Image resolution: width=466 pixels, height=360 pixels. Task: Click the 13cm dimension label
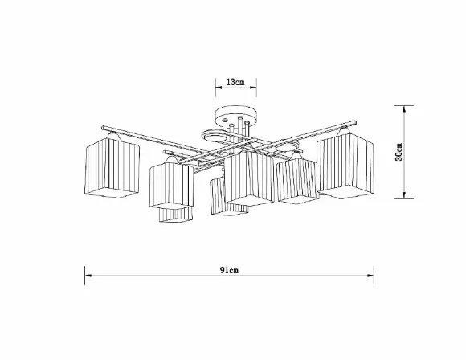coord(235,82)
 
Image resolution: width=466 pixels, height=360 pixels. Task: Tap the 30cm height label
coord(399,152)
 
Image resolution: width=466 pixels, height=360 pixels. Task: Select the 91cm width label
coord(229,270)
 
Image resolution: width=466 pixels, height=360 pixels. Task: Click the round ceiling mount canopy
coord(235,115)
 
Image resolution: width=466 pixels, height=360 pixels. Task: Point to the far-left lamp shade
coord(112,166)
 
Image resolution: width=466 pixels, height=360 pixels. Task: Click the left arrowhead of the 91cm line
coord(88,276)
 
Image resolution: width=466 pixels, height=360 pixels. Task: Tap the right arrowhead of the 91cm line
coord(370,276)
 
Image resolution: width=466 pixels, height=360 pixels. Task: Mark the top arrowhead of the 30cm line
coord(404,109)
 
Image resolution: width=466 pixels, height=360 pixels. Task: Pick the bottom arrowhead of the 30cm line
coord(404,194)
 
